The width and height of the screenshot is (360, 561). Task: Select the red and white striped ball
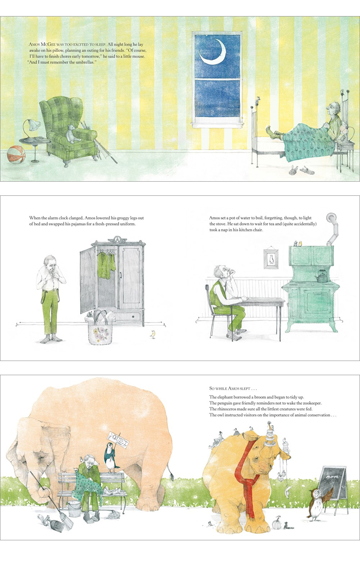[x=16, y=155]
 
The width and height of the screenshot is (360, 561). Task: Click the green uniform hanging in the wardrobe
[x=106, y=266]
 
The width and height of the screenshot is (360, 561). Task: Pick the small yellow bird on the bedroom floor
[x=152, y=334]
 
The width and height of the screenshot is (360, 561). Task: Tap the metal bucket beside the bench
[x=74, y=509]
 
